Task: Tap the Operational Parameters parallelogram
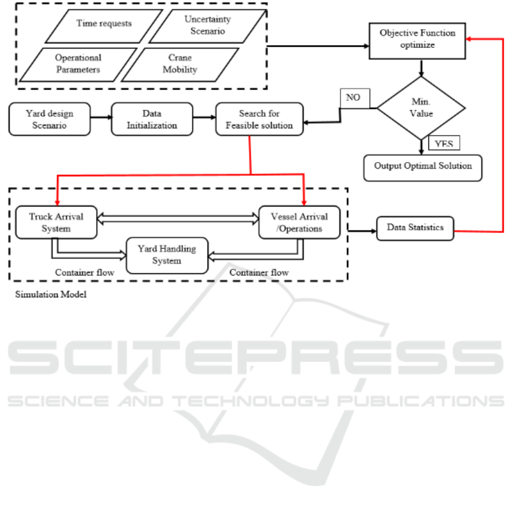pos(78,64)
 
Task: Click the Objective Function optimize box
pos(418,39)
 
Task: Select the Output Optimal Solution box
pos(423,167)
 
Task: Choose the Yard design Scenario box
pos(50,119)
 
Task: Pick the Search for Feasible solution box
pos(260,119)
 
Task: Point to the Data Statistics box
pos(415,228)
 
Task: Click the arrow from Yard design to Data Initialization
pos(100,119)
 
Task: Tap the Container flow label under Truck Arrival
pos(84,273)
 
